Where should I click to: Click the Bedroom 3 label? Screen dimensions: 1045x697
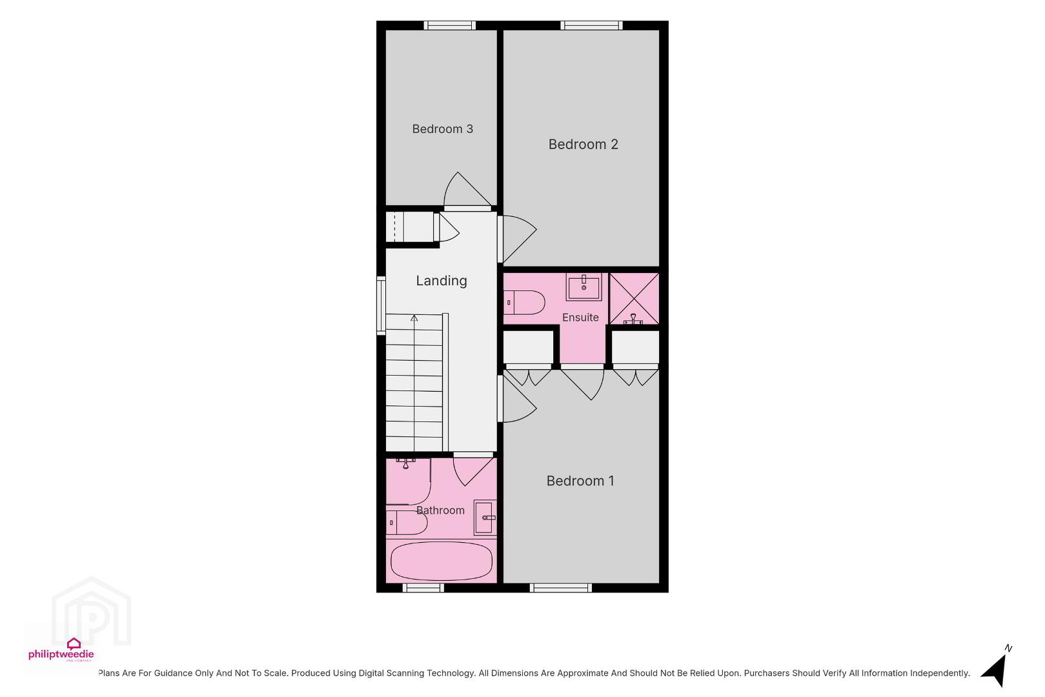[x=442, y=129]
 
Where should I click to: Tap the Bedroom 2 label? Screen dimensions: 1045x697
[x=583, y=144]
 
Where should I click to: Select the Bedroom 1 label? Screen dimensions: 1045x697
[x=580, y=481]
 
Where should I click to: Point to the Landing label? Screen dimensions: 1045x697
[x=441, y=280]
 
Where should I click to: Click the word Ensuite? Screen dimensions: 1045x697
[x=580, y=318]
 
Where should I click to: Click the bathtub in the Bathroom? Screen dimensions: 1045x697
[x=441, y=561]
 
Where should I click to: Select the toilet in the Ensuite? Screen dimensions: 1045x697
[x=524, y=302]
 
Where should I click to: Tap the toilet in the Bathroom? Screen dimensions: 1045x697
[x=407, y=523]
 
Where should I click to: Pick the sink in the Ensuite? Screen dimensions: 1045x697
[x=583, y=287]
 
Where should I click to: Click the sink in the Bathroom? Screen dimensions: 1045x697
[x=485, y=518]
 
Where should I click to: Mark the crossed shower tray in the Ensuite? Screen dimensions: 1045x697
[x=634, y=299]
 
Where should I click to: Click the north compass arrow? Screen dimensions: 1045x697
[x=995, y=671]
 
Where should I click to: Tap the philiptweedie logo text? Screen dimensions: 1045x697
[x=61, y=654]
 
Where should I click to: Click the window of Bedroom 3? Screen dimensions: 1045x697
[x=450, y=25]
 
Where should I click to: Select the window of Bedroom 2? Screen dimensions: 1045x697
[x=591, y=25]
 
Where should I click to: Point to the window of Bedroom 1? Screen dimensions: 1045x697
[x=561, y=588]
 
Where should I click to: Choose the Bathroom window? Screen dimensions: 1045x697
[x=423, y=588]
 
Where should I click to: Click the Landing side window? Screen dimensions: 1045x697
[x=381, y=305]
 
